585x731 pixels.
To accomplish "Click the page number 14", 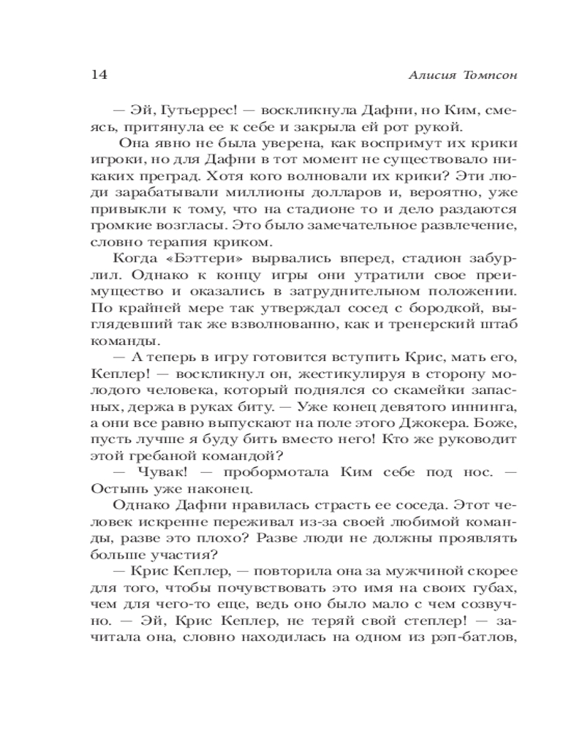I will pyautogui.click(x=100, y=75).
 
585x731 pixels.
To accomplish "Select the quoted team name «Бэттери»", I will pyautogui.click(x=196, y=264).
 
